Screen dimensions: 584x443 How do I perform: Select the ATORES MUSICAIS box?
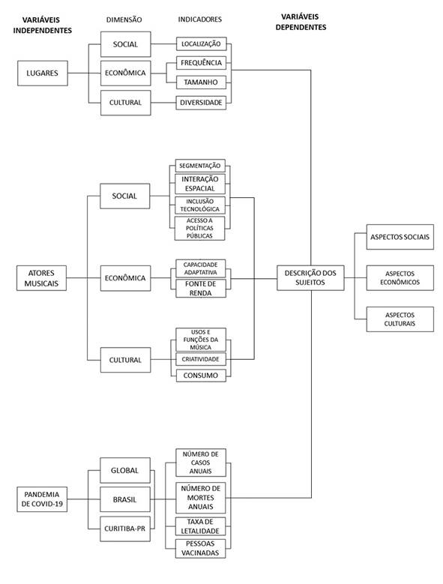(42, 278)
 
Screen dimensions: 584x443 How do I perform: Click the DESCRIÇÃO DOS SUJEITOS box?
(310, 278)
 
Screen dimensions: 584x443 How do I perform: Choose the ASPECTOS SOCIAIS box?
(400, 237)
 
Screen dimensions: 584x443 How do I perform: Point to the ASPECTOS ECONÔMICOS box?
(400, 278)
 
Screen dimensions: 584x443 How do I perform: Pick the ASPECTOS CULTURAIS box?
(400, 319)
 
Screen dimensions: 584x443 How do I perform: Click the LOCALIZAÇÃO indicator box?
(200, 46)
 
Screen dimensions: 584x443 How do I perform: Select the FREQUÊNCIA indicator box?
(200, 64)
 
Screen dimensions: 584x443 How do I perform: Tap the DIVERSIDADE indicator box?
(200, 102)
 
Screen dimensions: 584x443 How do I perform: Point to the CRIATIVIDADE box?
(199, 360)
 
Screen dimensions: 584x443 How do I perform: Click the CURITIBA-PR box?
(124, 529)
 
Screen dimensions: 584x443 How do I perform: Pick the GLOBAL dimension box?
(124, 470)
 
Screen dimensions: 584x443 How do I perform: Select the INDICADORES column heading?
(199, 19)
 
